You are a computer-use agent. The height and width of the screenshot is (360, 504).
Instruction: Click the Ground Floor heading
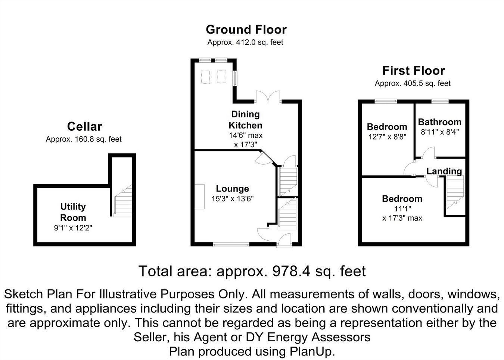click(x=246, y=30)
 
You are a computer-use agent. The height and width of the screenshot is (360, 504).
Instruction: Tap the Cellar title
click(x=84, y=127)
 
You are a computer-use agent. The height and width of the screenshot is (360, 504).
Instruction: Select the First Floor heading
click(x=413, y=71)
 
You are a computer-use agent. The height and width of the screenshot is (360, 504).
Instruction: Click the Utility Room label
click(x=73, y=212)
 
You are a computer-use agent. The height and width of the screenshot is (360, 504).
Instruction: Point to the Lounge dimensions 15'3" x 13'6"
click(x=232, y=199)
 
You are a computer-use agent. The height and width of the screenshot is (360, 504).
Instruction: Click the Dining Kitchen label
click(x=245, y=120)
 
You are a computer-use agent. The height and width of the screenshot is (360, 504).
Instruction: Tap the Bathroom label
click(x=439, y=122)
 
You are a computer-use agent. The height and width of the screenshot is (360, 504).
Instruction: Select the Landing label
click(x=444, y=171)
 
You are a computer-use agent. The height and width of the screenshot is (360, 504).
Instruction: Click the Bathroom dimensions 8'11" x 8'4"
click(x=439, y=132)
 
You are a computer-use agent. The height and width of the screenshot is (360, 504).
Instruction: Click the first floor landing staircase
click(x=455, y=192)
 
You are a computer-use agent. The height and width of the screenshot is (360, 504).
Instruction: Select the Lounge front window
click(x=231, y=245)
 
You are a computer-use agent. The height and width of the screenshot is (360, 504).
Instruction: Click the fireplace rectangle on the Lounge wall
click(x=199, y=196)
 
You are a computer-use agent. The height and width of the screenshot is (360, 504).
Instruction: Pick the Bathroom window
click(x=440, y=100)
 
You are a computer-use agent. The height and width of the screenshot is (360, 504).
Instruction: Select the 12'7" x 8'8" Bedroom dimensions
click(x=387, y=137)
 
